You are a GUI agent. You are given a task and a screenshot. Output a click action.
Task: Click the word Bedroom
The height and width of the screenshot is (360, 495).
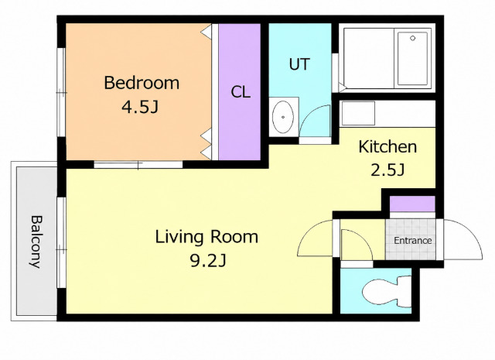tap(142, 83)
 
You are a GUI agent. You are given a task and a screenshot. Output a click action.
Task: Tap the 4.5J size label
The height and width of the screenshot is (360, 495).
tap(140, 107)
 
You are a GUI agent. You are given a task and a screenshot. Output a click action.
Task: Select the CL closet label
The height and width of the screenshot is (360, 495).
tap(241, 92)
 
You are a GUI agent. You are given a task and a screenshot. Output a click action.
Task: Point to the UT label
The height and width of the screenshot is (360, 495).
tap(299, 64)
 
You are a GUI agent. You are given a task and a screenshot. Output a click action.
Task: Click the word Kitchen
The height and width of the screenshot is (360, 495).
tap(387, 147)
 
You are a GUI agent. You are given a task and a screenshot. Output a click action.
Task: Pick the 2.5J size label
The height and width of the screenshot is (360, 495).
tap(387, 170)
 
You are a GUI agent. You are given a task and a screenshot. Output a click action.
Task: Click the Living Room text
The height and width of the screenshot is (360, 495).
tap(207, 237)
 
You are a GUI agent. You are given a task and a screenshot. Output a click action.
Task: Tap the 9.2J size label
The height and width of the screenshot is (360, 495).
tap(208, 261)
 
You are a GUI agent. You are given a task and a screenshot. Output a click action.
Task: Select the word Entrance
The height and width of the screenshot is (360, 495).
tap(412, 241)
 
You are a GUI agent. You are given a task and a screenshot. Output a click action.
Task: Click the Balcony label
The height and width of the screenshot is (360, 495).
tap(36, 242)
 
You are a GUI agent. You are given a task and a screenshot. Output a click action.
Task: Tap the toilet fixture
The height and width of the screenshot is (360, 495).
tap(387, 292)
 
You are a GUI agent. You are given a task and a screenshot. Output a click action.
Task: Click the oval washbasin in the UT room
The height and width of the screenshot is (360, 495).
tap(283, 117)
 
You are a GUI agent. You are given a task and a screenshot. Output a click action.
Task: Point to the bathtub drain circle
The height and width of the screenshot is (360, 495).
tap(412, 38)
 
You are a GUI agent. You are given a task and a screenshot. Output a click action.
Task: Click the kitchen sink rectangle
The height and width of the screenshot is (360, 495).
tap(358, 113)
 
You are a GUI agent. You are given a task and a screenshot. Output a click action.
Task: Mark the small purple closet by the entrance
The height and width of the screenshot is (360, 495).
tap(412, 204)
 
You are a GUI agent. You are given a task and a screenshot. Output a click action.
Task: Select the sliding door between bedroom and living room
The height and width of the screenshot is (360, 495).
tap(138, 165)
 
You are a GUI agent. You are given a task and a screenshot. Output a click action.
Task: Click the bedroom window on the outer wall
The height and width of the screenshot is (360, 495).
tap(61, 92)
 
